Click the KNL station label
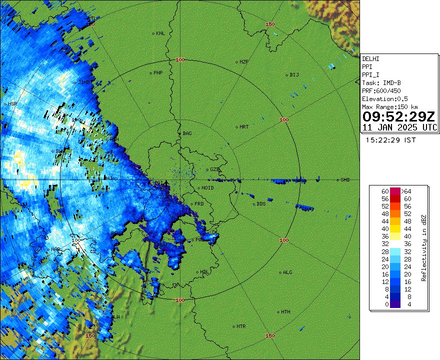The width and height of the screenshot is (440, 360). pyautogui.click(x=160, y=33)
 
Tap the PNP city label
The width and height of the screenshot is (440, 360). pyautogui.click(x=157, y=73)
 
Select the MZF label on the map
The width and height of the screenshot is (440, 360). pyautogui.click(x=244, y=62)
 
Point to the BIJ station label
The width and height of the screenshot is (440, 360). pyautogui.click(x=294, y=75)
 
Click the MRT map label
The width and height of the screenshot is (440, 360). pyautogui.click(x=244, y=127)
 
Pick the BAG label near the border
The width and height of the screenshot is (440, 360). pyautogui.click(x=187, y=133)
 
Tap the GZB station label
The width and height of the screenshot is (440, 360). pyautogui.click(x=215, y=169)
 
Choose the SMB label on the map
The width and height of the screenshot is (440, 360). pyautogui.click(x=345, y=180)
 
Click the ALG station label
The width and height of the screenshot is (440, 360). pyautogui.click(x=287, y=272)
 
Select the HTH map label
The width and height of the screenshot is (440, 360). pyautogui.click(x=285, y=312)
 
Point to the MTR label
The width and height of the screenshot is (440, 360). pyautogui.click(x=241, y=326)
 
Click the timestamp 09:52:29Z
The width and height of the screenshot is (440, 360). pyautogui.click(x=399, y=117)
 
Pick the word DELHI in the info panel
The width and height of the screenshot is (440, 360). pyautogui.click(x=370, y=59)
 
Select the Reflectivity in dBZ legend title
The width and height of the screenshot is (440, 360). pyautogui.click(x=423, y=247)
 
